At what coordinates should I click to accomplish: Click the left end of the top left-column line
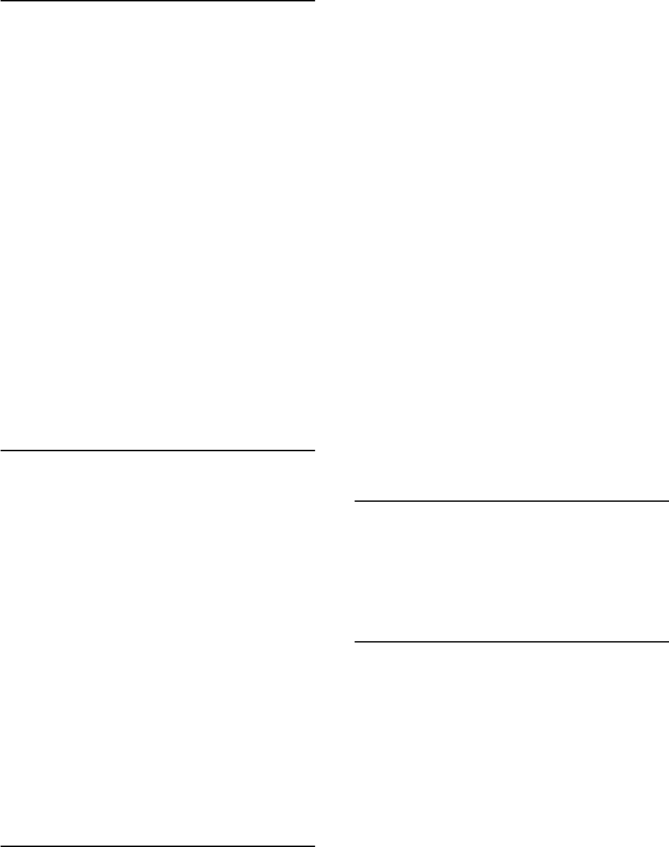[1, 1]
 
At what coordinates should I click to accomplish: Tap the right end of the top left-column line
[314, 1]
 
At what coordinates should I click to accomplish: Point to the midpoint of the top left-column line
[158, 1]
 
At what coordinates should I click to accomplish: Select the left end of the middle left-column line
[1, 451]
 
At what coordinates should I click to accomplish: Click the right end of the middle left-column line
[314, 451]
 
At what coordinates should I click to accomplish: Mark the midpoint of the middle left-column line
[158, 451]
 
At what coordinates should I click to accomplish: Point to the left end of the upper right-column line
[355, 500]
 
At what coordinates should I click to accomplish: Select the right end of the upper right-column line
[668, 500]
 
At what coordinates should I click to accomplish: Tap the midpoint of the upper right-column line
[511, 500]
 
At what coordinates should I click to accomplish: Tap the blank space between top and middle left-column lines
[158, 226]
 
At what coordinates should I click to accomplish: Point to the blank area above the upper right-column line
[511, 250]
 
